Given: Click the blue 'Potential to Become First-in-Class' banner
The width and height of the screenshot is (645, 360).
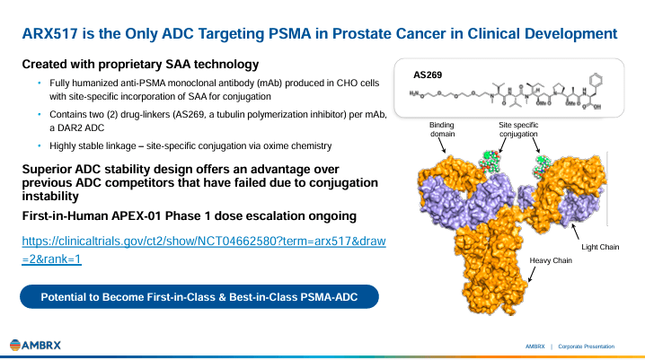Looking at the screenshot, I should click(199, 297).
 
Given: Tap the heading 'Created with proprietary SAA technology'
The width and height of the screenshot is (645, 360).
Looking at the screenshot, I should click(141, 65).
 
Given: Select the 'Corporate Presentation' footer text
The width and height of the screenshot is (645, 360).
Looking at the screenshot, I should click(588, 346).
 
